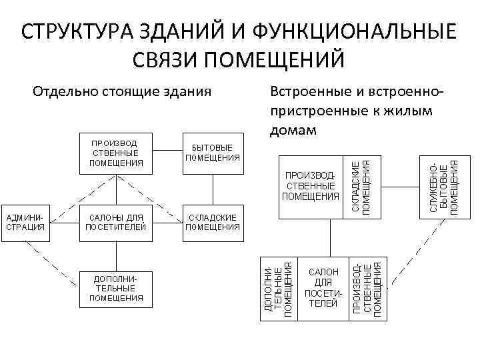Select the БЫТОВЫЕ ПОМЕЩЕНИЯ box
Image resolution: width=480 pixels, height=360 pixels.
(x=212, y=153)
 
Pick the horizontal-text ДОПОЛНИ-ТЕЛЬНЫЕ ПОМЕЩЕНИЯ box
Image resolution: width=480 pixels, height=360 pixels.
(x=116, y=288)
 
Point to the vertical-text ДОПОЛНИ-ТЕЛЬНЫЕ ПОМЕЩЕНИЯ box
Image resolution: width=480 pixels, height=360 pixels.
(x=278, y=287)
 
